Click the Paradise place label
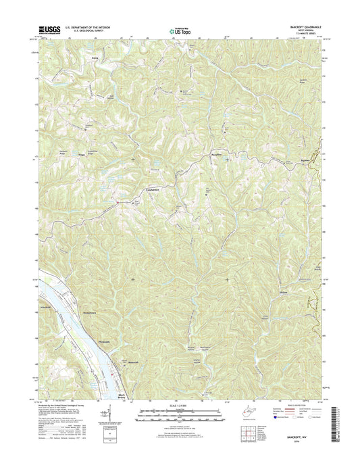[217, 153]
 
